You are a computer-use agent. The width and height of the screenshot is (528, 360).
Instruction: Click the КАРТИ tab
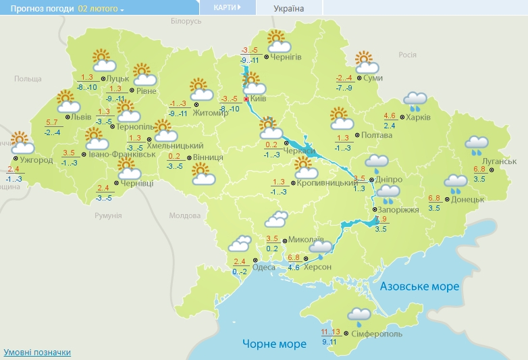pyautogui.click(x=227, y=7)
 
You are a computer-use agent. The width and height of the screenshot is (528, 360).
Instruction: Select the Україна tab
pyautogui.click(x=289, y=9)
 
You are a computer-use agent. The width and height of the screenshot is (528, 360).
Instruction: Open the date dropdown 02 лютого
pyautogui.click(x=101, y=9)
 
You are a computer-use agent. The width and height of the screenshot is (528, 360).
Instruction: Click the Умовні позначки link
pyautogui.click(x=37, y=353)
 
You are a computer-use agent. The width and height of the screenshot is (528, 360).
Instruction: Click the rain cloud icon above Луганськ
pyautogui.click(x=477, y=144)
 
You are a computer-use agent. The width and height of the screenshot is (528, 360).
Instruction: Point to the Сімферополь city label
pyautogui.click(x=377, y=334)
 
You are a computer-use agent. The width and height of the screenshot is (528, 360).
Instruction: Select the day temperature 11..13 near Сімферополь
pyautogui.click(x=331, y=332)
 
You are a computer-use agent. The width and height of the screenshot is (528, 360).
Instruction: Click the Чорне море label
pyautogui.click(x=273, y=344)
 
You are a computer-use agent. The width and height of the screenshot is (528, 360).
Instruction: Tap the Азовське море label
pyautogui.click(x=419, y=286)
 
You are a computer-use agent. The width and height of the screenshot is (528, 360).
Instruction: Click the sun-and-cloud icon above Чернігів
pyautogui.click(x=278, y=42)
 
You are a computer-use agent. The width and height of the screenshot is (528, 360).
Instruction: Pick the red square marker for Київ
pyautogui.click(x=246, y=99)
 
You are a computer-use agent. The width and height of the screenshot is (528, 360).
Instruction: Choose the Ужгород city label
pyautogui.click(x=36, y=161)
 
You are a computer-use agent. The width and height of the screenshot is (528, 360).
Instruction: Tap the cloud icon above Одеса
pyautogui.click(x=241, y=244)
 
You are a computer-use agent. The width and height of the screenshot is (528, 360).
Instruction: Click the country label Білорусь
pyautogui.click(x=186, y=22)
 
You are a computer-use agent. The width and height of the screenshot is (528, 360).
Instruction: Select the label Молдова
pyautogui.click(x=185, y=216)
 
